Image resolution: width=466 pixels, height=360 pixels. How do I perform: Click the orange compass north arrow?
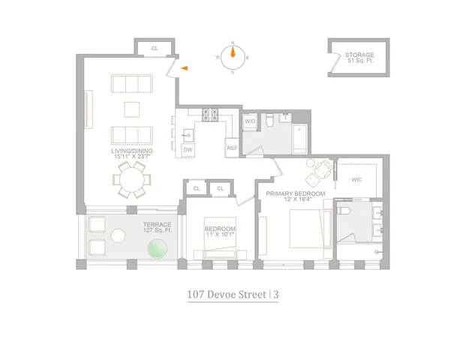(233, 52)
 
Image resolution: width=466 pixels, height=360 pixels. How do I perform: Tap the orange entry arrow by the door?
(185, 68)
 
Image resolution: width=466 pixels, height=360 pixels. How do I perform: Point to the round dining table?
(132, 181)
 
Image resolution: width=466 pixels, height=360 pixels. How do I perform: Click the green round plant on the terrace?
(157, 250)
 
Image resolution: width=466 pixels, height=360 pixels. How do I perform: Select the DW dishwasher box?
(188, 149)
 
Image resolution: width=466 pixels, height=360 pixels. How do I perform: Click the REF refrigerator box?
(232, 148)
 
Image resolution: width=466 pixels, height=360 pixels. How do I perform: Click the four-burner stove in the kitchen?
(209, 115)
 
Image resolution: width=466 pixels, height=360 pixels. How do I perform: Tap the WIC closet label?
(357, 178)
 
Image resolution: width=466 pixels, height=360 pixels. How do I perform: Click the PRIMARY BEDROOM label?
(295, 196)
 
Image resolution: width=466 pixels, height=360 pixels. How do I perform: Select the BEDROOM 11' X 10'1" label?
(221, 232)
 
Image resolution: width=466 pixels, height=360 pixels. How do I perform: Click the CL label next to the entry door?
(155, 48)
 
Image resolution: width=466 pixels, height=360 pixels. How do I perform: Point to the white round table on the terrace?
(118, 236)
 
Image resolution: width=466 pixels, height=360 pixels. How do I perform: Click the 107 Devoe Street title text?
(227, 295)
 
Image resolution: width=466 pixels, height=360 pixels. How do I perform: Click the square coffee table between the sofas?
(132, 109)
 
